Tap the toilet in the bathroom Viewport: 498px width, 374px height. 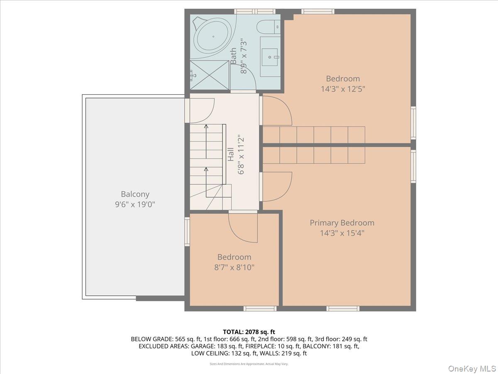tap(266, 27)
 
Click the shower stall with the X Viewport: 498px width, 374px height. tap(210, 75)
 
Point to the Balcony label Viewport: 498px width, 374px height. tap(135, 194)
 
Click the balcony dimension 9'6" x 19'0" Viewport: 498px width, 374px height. tap(135, 204)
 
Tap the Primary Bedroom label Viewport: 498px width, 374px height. tap(342, 223)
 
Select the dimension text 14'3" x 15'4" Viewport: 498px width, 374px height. tap(342, 233)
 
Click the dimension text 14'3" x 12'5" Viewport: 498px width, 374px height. tap(343, 89)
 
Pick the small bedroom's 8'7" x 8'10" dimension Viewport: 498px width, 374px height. tap(234, 268)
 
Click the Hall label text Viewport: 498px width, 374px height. tap(230, 155)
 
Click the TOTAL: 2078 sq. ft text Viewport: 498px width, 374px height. tap(249, 332)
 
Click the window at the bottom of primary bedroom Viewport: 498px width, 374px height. tap(343, 308)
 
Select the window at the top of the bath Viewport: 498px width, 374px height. tap(255, 12)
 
